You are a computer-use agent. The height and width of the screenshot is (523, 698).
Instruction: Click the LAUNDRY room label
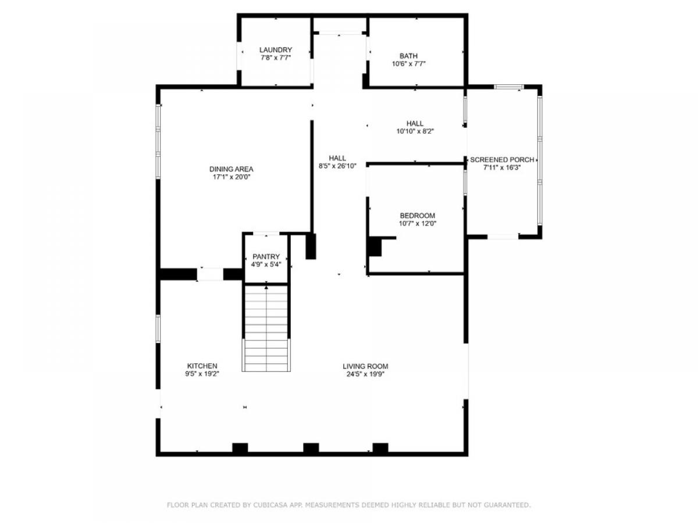pos(276,50)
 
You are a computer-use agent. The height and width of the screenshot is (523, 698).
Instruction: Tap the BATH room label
pos(408,56)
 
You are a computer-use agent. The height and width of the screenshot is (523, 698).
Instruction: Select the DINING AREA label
pos(232,169)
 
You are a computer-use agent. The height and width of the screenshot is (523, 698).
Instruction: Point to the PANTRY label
pos(266,256)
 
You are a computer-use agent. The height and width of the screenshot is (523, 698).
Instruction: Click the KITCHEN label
pos(202,366)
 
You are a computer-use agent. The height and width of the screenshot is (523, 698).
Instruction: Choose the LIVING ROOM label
pos(365,366)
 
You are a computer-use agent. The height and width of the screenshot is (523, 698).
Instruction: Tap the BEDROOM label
pos(417,216)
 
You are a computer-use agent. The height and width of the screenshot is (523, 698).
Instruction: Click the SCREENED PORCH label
pos(502,159)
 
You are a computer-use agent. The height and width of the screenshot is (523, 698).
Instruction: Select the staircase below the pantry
pos(266,328)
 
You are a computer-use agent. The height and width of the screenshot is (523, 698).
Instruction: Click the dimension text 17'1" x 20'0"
pos(232,177)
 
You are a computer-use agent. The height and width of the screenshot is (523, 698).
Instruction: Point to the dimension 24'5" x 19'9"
pos(365,374)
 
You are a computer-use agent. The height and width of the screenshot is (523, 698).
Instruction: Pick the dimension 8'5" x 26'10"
pos(337,166)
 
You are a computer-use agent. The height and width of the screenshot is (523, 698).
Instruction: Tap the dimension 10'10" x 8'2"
pos(415,131)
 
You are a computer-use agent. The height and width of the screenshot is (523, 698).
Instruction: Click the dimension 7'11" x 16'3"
pos(502,167)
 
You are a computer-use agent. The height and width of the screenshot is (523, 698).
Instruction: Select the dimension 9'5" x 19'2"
pos(202,374)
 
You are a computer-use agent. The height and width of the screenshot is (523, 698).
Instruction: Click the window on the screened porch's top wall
pos(509,87)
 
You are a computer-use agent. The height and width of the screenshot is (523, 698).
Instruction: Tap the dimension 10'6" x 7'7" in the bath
pos(408,64)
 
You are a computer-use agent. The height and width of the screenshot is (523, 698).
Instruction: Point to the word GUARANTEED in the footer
pos(507,506)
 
